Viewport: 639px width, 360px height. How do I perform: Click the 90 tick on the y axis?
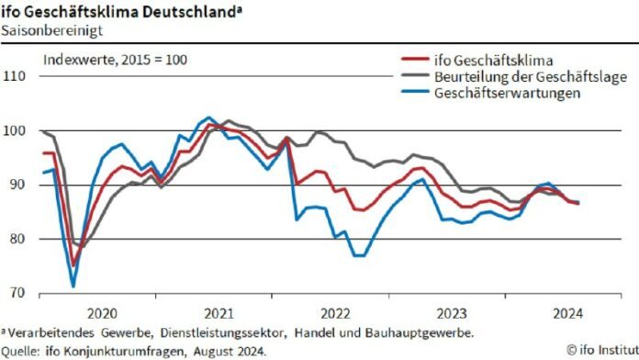(19, 185)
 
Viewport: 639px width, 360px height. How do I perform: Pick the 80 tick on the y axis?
(19, 239)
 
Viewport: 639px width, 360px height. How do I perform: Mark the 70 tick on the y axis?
(19, 293)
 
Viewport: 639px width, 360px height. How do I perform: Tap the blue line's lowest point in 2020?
(73, 286)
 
